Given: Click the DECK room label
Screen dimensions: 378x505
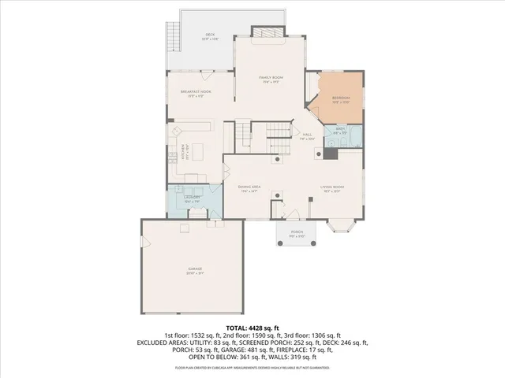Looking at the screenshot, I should (210, 35).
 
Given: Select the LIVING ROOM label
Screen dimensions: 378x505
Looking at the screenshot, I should (331, 188).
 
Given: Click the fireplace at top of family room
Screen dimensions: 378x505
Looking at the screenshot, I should (262, 32).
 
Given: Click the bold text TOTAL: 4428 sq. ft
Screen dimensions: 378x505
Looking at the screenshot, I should (252, 327).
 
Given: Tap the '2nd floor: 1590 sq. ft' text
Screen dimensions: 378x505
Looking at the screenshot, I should (252, 335).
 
